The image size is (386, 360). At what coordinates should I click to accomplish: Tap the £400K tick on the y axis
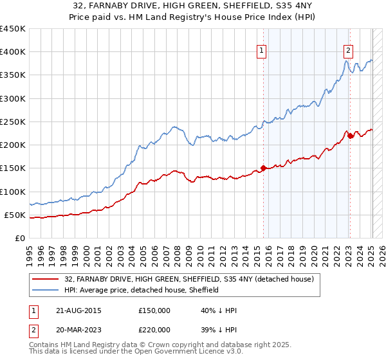point(12,52)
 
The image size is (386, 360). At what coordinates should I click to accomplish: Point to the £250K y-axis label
point(12,122)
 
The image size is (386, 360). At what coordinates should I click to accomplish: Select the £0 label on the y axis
point(20,238)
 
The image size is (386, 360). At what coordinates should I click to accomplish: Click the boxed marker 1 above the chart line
point(262,52)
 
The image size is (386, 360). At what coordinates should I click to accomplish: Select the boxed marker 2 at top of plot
point(349,52)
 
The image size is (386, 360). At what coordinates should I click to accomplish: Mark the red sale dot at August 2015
point(263,168)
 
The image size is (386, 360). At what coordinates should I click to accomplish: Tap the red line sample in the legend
point(46,279)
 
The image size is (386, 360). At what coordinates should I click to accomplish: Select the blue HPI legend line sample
point(46,290)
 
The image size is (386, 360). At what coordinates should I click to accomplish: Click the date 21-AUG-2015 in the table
point(78,310)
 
